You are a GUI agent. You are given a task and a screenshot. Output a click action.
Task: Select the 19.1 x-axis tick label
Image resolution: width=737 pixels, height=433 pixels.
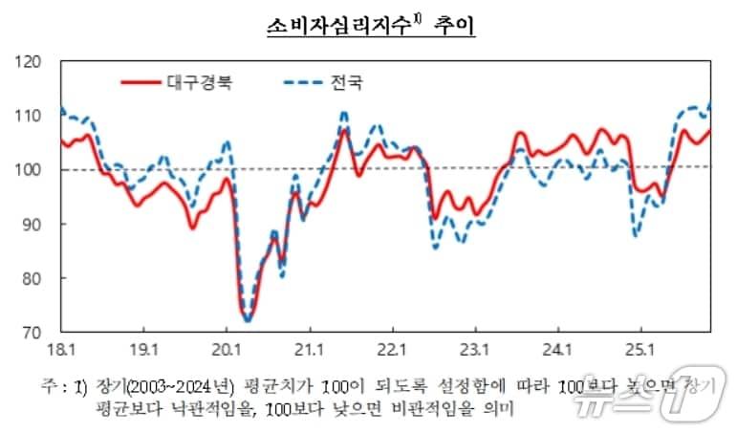coord(143,347)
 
